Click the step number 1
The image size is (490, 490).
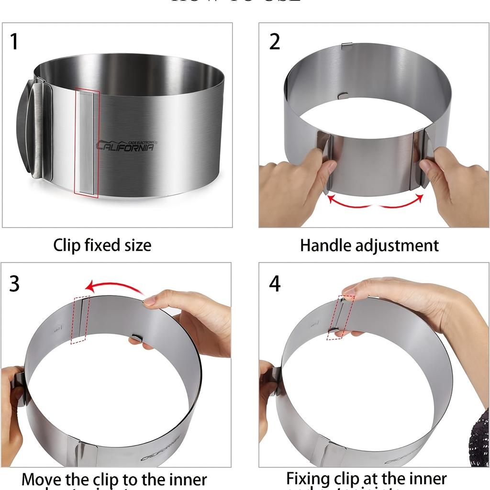click(14, 42)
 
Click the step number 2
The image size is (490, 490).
click(274, 42)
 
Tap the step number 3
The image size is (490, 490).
click(14, 284)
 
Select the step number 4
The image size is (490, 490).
click(274, 284)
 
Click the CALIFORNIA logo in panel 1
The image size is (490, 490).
click(126, 145)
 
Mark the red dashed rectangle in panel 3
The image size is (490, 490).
click(80, 320)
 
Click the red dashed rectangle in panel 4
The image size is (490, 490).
click(340, 317)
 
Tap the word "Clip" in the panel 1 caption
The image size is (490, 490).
click(67, 245)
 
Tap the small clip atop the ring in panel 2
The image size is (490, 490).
click(348, 45)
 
